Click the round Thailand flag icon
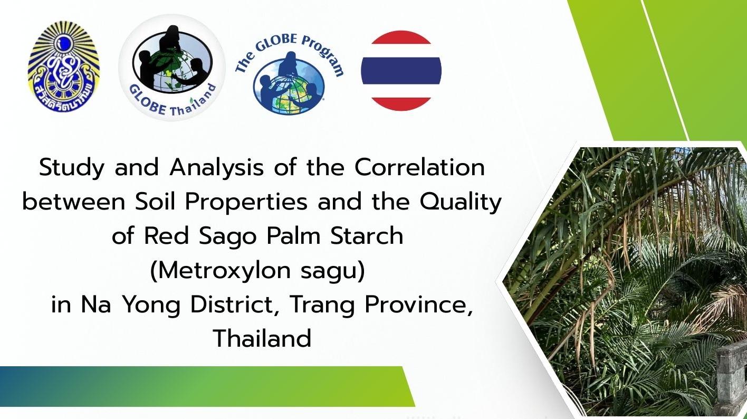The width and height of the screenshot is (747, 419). click(401, 71)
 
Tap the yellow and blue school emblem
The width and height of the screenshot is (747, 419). click(64, 69)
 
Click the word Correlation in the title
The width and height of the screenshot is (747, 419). click(419, 168)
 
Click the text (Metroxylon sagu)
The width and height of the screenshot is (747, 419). click(257, 271)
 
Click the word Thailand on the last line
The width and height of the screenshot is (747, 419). click(262, 338)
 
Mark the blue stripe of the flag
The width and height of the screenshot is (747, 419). click(401, 71)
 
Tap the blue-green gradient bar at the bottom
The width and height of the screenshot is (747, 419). click(200, 386)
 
